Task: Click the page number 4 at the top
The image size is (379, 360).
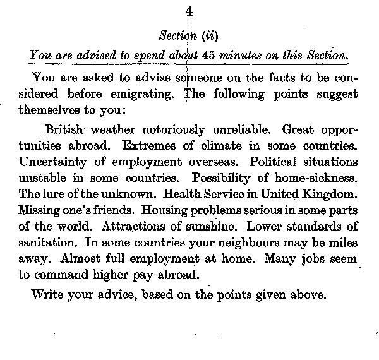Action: click(x=189, y=11)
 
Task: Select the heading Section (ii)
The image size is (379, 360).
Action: click(x=188, y=35)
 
